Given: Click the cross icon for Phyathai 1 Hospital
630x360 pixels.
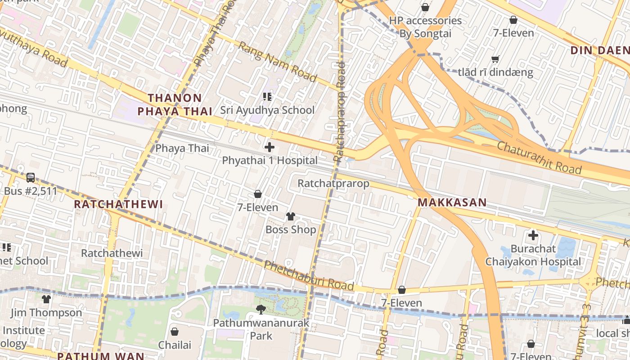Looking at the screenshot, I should [270, 147].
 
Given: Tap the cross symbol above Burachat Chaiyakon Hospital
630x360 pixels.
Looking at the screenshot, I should [533, 235].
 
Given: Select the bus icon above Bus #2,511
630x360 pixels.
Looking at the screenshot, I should [31, 178].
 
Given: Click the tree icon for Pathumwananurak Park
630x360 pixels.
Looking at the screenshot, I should [261, 309].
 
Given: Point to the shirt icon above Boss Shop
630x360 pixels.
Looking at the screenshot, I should [291, 216].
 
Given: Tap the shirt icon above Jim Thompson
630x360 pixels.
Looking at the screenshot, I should [46, 299].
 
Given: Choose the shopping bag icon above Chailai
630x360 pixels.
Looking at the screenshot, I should [175, 332].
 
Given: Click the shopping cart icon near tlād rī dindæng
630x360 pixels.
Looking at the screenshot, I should [495, 59].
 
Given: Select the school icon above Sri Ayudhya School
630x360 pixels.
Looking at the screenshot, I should [267, 96].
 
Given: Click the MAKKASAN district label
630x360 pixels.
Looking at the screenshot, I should [452, 202].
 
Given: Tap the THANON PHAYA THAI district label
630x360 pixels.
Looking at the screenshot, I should [175, 104].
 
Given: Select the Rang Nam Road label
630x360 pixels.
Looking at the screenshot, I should [278, 62].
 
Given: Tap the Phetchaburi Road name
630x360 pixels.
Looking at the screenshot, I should [309, 275].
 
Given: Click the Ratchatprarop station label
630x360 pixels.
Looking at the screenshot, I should [333, 183].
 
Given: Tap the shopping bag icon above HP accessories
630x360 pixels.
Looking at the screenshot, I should [425, 7].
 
